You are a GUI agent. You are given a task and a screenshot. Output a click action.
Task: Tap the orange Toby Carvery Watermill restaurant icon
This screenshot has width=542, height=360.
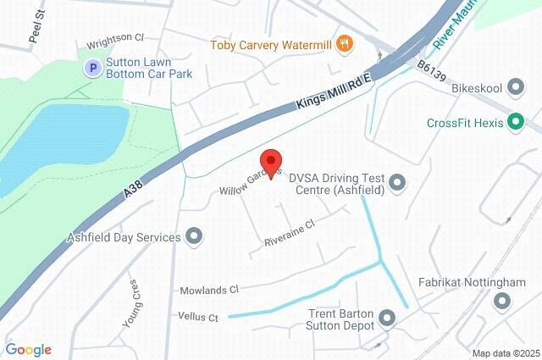[x=344, y=44]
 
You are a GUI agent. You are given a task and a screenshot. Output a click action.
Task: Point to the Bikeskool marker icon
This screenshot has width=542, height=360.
[x=518, y=87]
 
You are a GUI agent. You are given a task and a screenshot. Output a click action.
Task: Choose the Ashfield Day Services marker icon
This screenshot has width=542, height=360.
[x=194, y=235]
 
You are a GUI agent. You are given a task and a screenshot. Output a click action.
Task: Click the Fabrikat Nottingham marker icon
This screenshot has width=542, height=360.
[x=502, y=300]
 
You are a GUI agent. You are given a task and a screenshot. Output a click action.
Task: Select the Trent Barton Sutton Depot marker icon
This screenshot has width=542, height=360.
[x=388, y=318]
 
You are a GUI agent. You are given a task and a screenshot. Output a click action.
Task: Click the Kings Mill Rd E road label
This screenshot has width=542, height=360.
[x=335, y=91]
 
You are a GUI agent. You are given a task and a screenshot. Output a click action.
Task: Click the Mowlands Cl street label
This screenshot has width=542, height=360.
[x=209, y=290]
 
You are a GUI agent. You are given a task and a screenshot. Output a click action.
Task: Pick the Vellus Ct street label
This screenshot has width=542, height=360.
[x=198, y=318]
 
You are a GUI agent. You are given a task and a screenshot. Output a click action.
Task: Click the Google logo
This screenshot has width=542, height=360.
[x=28, y=350]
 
